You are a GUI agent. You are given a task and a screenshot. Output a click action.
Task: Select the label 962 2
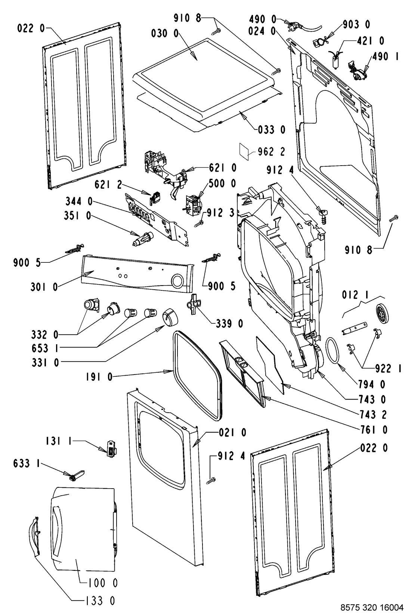[x=272, y=152]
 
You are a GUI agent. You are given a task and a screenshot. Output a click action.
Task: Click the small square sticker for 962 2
[x=244, y=151]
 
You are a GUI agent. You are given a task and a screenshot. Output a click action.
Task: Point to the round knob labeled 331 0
[x=170, y=317]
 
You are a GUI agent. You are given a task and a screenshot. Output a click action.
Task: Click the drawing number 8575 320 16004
[x=372, y=607]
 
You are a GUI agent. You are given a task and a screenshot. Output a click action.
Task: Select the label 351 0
[x=77, y=216]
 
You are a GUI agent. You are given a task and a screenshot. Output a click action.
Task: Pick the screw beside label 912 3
[x=199, y=223]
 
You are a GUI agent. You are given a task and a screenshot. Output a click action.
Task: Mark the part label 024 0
[x=262, y=31]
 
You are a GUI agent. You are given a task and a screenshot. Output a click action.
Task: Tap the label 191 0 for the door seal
[x=99, y=377]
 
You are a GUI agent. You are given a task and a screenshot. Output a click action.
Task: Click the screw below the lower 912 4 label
[x=211, y=480]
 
